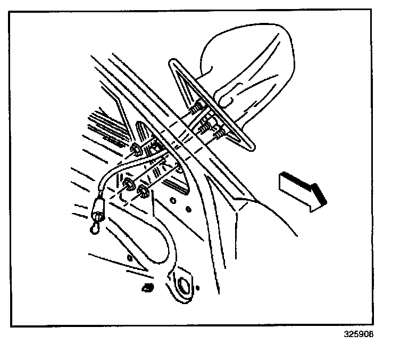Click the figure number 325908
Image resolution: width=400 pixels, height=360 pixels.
pos(359,334)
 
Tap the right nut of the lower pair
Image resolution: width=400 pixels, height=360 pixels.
pos(141,191)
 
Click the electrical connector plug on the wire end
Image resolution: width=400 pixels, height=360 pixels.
pos(98,209)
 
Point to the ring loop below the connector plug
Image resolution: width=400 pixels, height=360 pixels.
pos(95,228)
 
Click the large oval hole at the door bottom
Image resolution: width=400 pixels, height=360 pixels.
pos(183,285)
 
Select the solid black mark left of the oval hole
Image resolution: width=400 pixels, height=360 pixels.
pos(148,288)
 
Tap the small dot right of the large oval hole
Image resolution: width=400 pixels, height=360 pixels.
pos(198,288)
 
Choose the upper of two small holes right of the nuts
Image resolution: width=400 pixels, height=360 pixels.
pos(173,200)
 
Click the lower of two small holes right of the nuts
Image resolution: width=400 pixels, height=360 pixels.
pos(188,210)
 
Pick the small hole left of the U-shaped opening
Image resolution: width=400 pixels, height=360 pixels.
pos(130,258)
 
